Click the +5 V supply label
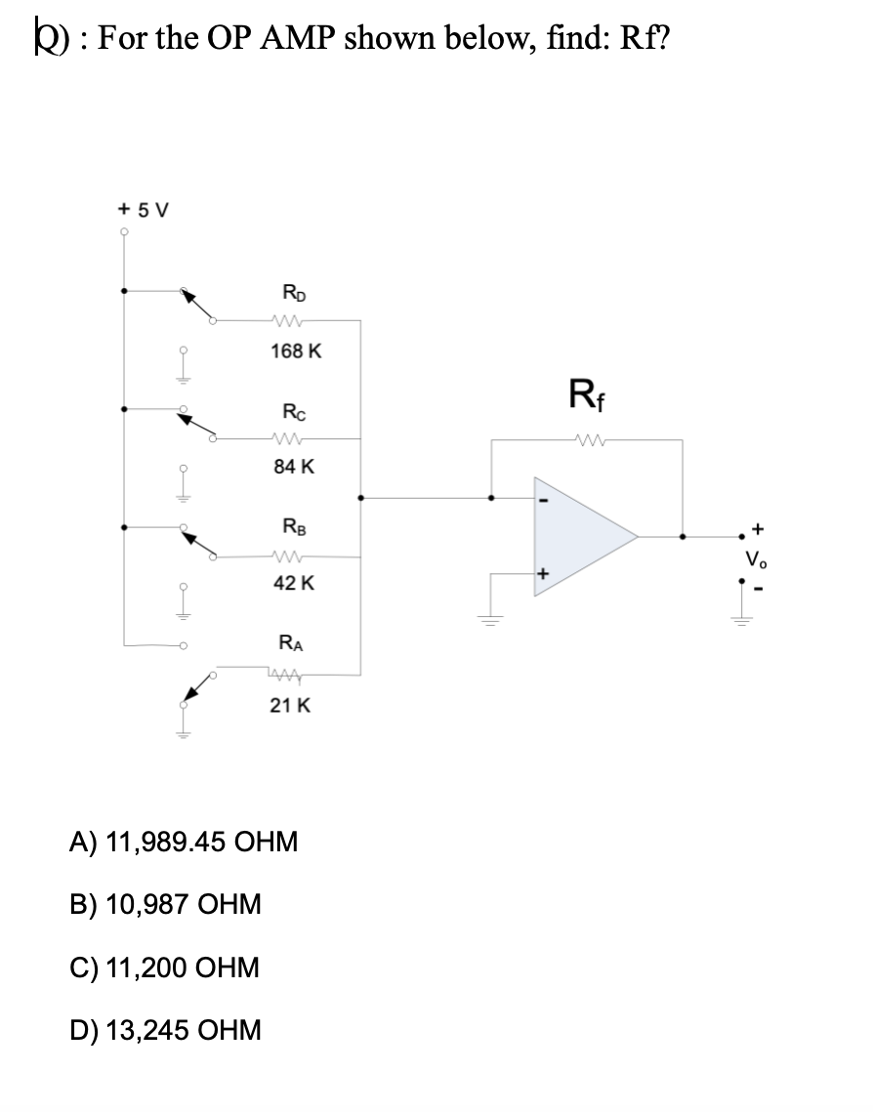click(142, 210)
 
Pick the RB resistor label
click(291, 527)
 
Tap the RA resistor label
click(291, 643)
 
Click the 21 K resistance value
click(291, 704)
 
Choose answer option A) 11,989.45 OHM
click(183, 841)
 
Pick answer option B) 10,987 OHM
click(164, 904)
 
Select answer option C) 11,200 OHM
click(164, 968)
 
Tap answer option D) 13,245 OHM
click(165, 1029)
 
